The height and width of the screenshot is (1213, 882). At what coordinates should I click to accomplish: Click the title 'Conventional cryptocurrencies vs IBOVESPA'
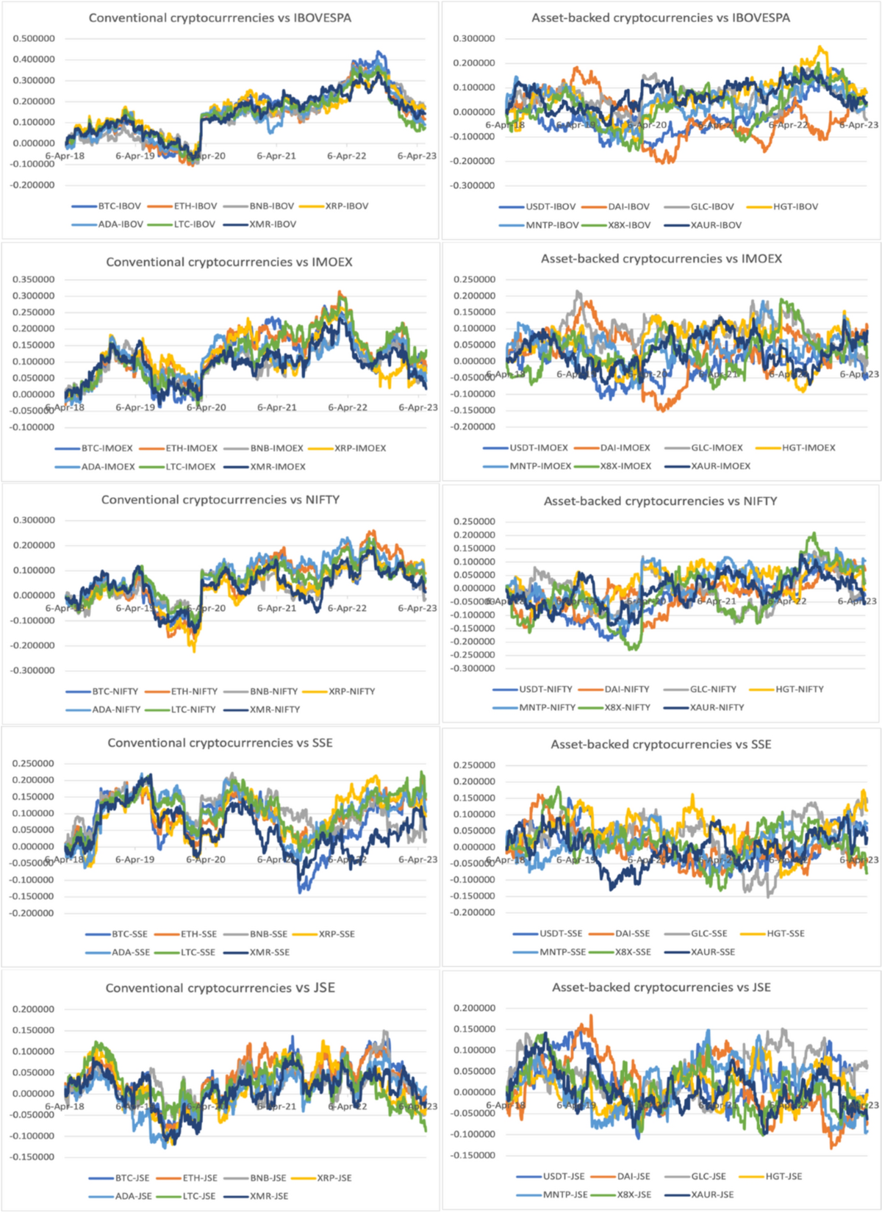pyautogui.click(x=220, y=18)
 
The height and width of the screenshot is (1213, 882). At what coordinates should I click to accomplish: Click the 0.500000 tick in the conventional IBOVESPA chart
pyautogui.click(x=33, y=38)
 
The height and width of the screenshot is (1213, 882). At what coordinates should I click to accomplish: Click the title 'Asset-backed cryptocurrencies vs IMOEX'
pyautogui.click(x=661, y=259)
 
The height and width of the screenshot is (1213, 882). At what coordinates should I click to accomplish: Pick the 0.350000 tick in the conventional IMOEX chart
pyautogui.click(x=33, y=279)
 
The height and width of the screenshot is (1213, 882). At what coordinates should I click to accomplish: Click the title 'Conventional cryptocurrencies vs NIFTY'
pyautogui.click(x=220, y=500)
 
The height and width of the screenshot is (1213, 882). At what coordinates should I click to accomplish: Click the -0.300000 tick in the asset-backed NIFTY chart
pyautogui.click(x=473, y=668)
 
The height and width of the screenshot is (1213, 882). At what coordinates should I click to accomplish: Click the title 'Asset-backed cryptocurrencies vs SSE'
pyautogui.click(x=661, y=745)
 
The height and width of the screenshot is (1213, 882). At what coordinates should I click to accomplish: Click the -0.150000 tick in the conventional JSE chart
pyautogui.click(x=32, y=1157)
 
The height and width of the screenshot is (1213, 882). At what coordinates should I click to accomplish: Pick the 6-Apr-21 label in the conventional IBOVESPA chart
pyautogui.click(x=276, y=156)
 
